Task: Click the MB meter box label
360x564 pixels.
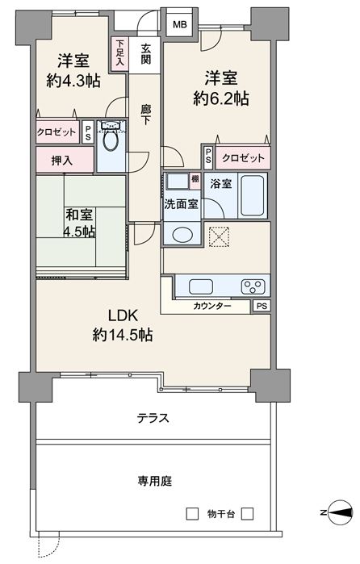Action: coord(180,25)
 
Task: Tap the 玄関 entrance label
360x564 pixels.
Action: coord(145,54)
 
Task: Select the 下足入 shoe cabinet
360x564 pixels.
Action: coord(119,54)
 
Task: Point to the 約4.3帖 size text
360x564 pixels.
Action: coord(73,81)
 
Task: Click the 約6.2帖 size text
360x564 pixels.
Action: coord(220,98)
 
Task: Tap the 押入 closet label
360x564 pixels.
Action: coord(61,161)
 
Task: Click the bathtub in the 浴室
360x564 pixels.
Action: coord(253,195)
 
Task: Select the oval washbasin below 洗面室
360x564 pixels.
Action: coord(182,236)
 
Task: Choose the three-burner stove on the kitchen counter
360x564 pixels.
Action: coord(253,286)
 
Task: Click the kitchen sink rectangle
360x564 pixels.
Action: coord(201,286)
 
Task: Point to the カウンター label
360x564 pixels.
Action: coord(211,306)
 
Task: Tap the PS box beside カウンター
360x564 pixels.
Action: coord(262,306)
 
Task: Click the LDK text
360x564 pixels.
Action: coord(123,315)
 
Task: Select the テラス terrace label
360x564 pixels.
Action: coord(153,418)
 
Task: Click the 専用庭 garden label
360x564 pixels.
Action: coord(154,481)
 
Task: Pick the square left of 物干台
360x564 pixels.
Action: coord(192,514)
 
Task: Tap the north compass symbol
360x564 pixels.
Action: coord(340,512)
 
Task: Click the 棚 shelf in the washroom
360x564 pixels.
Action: coord(195,182)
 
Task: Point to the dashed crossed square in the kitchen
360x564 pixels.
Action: coord(219,236)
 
